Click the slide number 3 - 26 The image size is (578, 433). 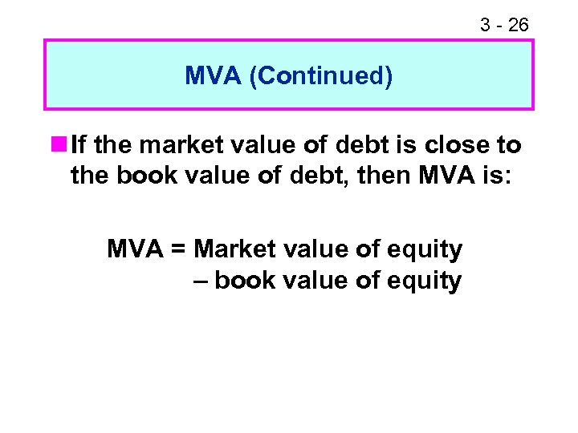point(504,25)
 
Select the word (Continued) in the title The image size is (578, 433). point(320,76)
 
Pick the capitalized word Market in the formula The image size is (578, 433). point(231,249)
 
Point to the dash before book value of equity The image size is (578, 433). point(201,281)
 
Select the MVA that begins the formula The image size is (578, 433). point(133,249)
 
